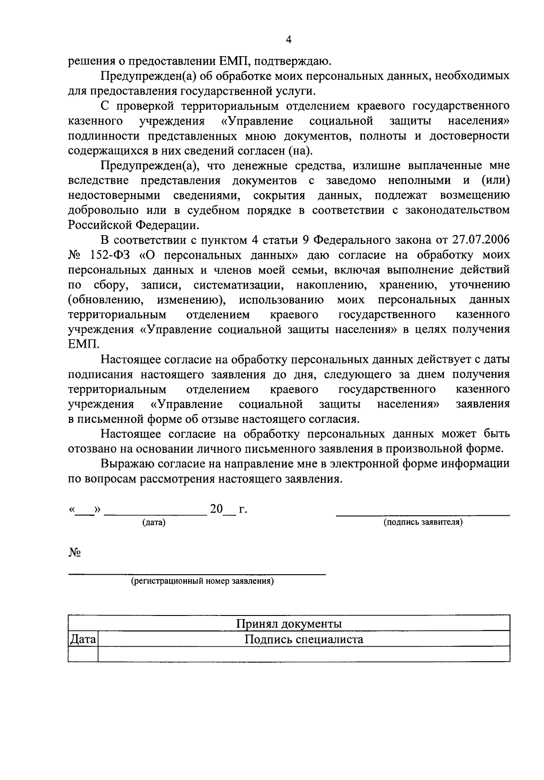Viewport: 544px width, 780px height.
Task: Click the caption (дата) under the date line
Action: click(154, 523)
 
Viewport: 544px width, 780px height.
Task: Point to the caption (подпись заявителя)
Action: click(423, 522)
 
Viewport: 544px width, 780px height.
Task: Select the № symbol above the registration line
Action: click(74, 552)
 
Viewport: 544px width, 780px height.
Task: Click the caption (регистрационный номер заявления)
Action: click(202, 581)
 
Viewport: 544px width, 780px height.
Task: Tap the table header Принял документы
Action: click(289, 624)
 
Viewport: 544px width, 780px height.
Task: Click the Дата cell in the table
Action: click(83, 640)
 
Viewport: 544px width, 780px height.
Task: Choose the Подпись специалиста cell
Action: click(304, 640)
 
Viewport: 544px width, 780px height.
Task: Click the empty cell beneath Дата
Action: click(83, 654)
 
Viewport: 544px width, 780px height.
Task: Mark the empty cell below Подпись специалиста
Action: click(304, 654)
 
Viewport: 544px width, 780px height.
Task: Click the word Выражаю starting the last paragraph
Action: click(126, 464)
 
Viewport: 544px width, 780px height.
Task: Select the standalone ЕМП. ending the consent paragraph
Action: click(83, 344)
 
